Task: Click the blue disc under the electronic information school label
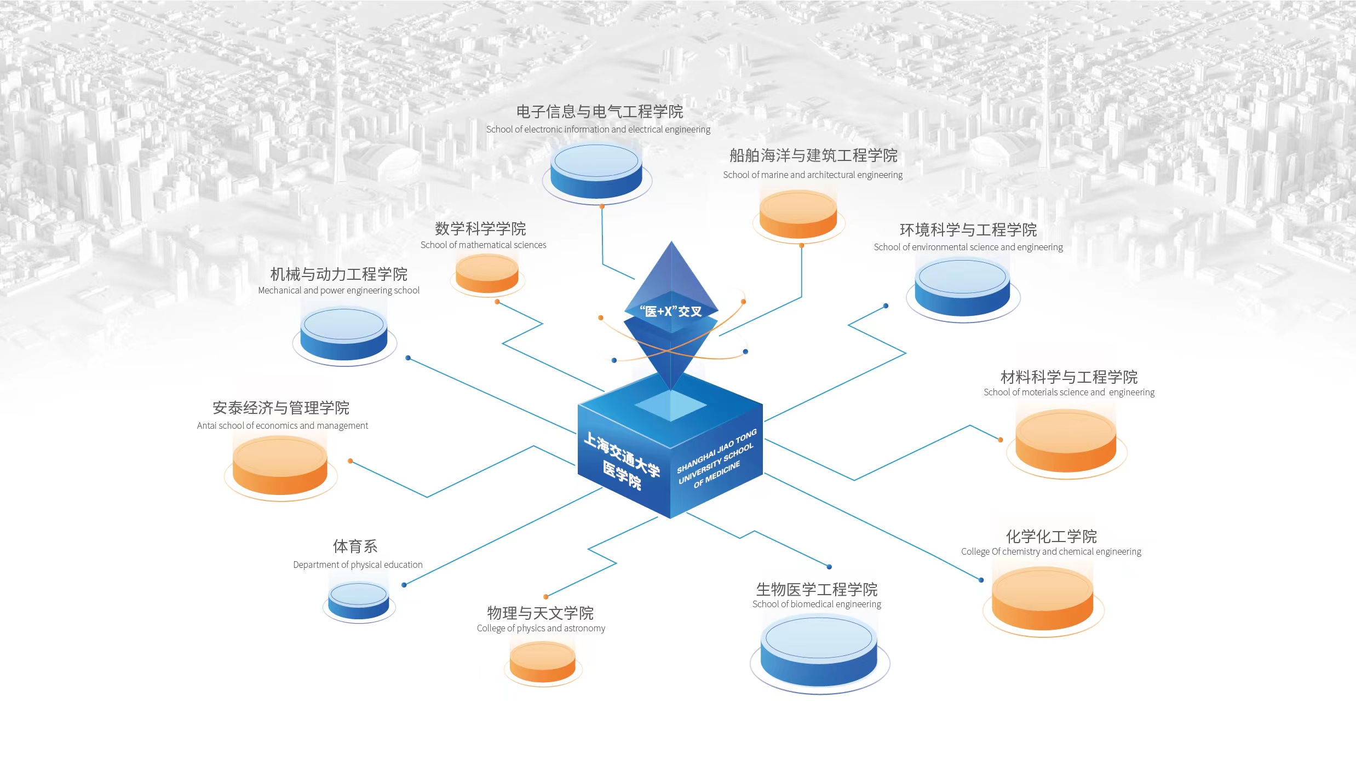[596, 171]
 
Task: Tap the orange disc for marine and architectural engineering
[798, 214]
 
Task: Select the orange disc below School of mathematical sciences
[487, 274]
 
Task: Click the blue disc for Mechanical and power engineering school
[344, 333]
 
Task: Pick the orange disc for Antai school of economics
[280, 465]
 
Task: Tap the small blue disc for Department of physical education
[359, 601]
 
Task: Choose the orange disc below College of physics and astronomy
[542, 661]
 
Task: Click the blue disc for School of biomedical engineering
[819, 650]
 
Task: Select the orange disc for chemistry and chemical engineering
[1042, 598]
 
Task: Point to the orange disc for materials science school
[1066, 441]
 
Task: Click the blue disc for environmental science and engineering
[962, 287]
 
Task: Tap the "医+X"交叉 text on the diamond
[671, 312]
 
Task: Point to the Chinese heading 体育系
[355, 546]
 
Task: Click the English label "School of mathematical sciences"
[483, 245]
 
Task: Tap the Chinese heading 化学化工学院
[1051, 536]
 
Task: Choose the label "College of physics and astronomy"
[541, 628]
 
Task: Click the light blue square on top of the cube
[671, 406]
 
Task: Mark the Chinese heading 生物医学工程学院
[817, 589]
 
